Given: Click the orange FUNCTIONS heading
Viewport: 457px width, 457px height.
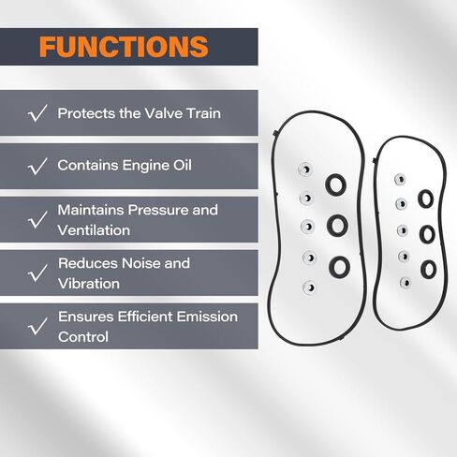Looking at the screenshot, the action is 124,47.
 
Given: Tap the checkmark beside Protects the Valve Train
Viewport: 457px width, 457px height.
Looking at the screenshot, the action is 37,113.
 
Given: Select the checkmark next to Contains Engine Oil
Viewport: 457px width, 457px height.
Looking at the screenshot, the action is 37,166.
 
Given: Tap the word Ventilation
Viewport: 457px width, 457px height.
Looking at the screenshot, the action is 94,230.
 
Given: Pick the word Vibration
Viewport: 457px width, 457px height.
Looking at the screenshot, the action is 89,284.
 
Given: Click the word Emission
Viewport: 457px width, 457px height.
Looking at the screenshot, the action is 207,317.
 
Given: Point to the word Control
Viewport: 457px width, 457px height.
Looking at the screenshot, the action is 83,337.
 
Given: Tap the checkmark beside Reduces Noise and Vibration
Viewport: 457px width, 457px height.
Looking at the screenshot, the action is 37,273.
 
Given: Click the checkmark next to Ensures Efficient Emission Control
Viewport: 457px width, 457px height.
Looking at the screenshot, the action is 37,326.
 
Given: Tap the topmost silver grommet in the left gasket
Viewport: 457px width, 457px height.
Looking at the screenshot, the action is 304,170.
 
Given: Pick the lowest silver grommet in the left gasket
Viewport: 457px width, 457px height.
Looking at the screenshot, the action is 309,287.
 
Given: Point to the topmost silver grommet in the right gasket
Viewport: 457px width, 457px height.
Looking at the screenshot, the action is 400,180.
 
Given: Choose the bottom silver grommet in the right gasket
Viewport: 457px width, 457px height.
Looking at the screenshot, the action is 405,283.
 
